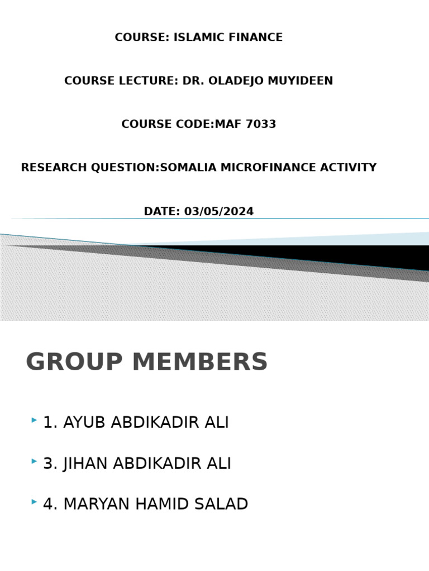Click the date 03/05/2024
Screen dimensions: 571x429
click(218, 212)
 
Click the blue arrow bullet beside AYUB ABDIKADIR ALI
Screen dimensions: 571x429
click(35, 420)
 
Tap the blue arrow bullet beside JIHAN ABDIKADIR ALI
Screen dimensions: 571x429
click(35, 461)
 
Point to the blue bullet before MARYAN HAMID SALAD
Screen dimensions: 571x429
click(35, 502)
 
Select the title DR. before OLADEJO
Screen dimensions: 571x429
click(193, 81)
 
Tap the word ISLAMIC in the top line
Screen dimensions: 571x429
click(197, 37)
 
